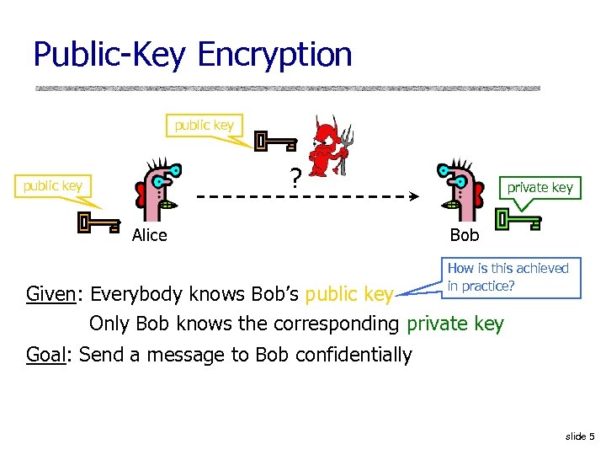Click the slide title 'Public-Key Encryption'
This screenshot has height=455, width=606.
coord(192,55)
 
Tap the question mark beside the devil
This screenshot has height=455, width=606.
coord(295,179)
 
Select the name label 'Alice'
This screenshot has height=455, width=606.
coord(150,235)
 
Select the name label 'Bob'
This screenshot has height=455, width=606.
coord(464,235)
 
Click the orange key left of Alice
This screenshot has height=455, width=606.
coord(96,223)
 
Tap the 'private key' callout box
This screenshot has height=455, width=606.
coord(540,188)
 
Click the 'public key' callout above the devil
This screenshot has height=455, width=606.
coord(204,126)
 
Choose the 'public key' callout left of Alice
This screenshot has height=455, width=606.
coord(53,185)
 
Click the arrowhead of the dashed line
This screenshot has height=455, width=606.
coord(414,196)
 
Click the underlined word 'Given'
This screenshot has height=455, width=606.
coord(50,294)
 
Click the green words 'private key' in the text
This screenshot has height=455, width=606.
coord(455,324)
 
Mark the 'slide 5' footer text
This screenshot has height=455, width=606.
coord(580,436)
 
